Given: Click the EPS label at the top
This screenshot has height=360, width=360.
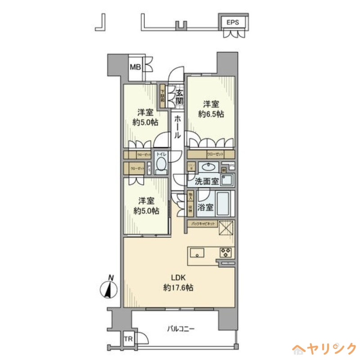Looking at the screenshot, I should pyautogui.click(x=232, y=22).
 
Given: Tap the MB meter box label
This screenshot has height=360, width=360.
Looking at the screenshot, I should pyautogui.click(x=135, y=67).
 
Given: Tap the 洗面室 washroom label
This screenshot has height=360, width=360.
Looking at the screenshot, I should pyautogui.click(x=207, y=181).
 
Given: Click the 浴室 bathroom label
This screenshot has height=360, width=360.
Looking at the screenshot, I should pyautogui.click(x=207, y=208).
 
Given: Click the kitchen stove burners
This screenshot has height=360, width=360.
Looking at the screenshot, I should pyautogui.click(x=225, y=252).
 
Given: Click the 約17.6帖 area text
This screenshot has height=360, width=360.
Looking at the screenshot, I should pyautogui.click(x=179, y=287).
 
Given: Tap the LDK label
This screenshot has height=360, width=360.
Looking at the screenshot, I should pyautogui.click(x=179, y=277).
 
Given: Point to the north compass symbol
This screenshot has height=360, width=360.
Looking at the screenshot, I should pyautogui.click(x=108, y=288).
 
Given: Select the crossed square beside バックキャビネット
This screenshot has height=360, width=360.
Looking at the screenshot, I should pyautogui.click(x=226, y=228).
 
